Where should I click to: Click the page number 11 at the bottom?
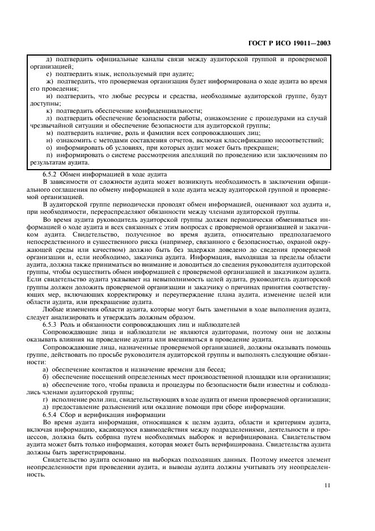(x=327, y=485)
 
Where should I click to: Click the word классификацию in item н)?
(x=251, y=140)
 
